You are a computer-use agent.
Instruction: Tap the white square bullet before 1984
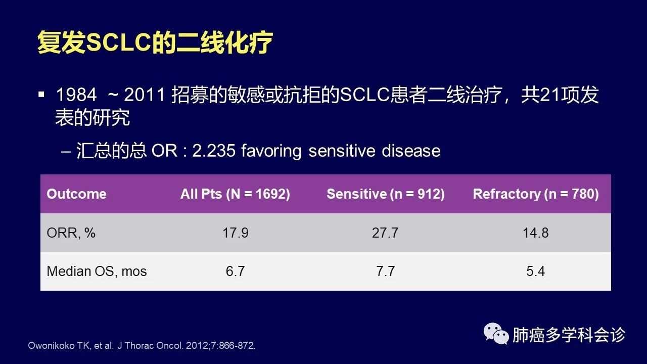[41, 95]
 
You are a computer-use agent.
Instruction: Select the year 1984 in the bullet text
[76, 95]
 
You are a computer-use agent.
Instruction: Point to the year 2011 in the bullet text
[145, 95]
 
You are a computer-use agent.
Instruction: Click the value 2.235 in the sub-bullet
[214, 151]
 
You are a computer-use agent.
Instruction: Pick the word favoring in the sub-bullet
[271, 151]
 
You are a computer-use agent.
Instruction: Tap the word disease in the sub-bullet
[411, 151]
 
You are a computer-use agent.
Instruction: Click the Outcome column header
[76, 194]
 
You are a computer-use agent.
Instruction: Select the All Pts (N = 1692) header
[235, 194]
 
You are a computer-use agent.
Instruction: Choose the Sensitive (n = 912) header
[386, 194]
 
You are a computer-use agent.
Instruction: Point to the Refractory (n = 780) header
[536, 194]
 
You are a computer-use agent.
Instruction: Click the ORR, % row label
[71, 233]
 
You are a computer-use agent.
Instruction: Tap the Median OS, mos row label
[97, 271]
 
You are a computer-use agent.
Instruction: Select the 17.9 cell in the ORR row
[236, 233]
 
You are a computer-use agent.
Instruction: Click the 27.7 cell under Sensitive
[385, 233]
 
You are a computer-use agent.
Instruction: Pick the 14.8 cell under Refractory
[535, 233]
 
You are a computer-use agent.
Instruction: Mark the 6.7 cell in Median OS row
[236, 271]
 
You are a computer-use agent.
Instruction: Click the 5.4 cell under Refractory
[535, 271]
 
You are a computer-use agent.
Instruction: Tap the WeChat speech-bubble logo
[496, 334]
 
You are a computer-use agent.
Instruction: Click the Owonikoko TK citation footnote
[142, 345]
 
